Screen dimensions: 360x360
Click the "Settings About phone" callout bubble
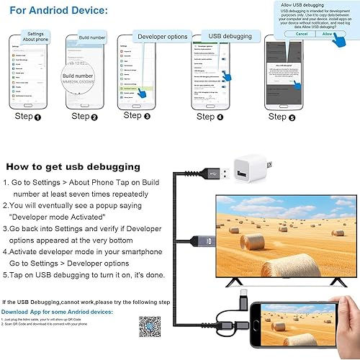pos(35,37)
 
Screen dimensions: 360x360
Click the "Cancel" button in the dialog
pos(301,33)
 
